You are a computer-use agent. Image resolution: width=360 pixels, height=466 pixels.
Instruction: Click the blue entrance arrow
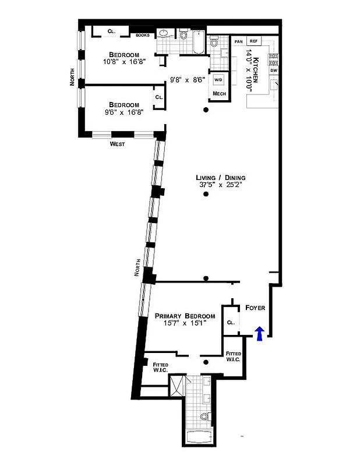(x=260, y=333)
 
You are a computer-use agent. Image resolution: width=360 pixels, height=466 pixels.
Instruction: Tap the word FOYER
(x=256, y=307)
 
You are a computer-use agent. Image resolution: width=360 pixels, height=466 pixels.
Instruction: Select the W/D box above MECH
(x=219, y=80)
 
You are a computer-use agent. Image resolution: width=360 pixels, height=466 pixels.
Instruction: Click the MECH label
(x=219, y=93)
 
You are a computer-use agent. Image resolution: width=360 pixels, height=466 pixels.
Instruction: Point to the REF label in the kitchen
(x=253, y=41)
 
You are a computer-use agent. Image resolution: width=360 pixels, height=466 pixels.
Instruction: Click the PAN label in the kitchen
(x=238, y=41)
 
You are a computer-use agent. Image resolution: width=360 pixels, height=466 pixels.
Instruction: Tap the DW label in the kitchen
(x=273, y=70)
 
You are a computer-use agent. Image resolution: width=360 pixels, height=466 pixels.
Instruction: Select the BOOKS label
(x=143, y=36)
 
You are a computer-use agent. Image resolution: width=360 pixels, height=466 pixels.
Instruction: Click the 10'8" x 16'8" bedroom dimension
(x=124, y=61)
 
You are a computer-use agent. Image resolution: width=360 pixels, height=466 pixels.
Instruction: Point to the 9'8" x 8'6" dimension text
(x=187, y=80)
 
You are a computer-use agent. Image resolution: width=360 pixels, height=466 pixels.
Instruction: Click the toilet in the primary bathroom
(x=204, y=416)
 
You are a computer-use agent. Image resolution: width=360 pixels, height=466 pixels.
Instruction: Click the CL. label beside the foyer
(x=230, y=322)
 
